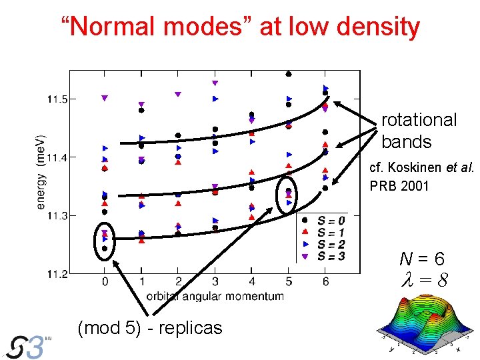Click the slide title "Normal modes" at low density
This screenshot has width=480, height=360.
(x=240, y=27)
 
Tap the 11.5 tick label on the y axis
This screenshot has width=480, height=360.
(x=57, y=99)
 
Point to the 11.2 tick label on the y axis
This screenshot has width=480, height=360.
(x=57, y=274)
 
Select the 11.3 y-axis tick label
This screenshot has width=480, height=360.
(x=57, y=216)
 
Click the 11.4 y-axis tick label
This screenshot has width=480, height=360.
(x=57, y=158)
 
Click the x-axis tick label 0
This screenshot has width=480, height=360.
(x=105, y=283)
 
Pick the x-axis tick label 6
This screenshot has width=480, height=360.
(x=325, y=283)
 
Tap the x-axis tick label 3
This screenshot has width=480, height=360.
(x=215, y=283)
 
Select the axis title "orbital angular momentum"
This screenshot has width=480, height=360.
(x=215, y=296)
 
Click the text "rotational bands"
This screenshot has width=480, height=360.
(x=419, y=131)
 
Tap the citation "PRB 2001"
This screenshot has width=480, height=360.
(x=399, y=185)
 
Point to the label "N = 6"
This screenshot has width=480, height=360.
(x=421, y=259)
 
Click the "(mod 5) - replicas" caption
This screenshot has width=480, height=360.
(x=150, y=328)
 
